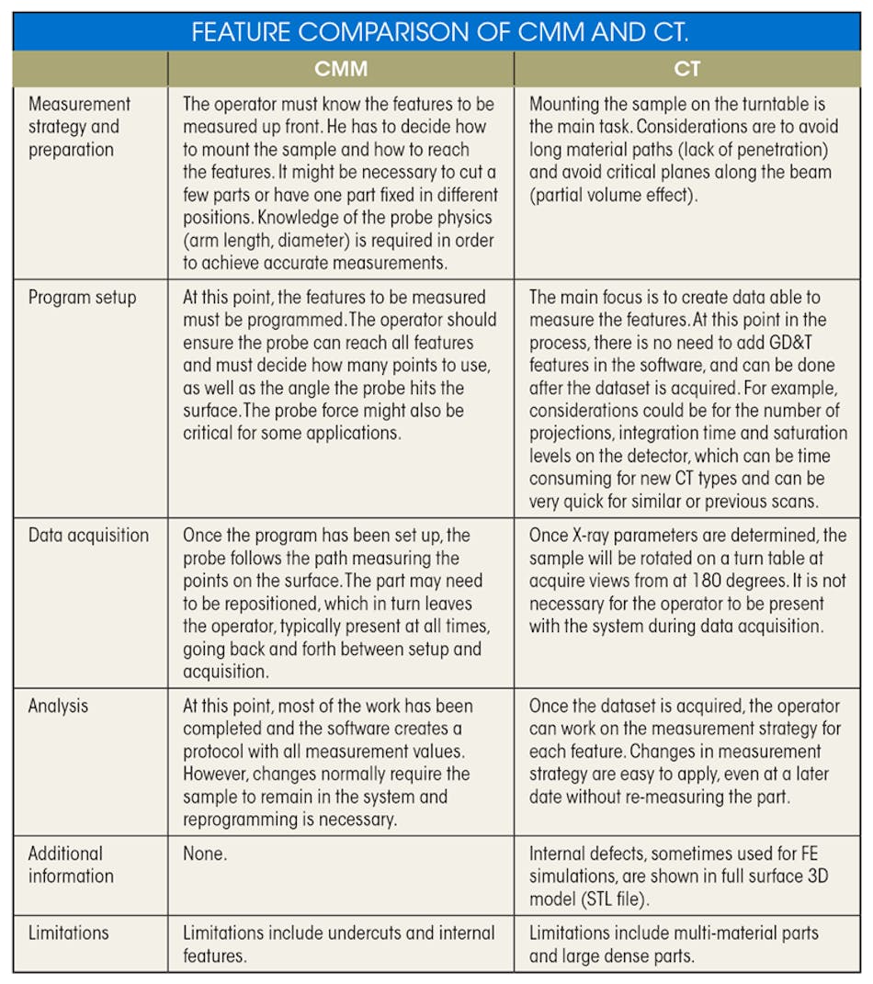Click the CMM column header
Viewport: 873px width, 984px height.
340,70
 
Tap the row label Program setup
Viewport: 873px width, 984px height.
82,297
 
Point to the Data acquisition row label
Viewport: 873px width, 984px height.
88,535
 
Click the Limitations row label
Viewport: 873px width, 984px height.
68,933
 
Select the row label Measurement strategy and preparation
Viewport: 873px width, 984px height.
79,127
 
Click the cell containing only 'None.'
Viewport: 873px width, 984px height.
205,854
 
